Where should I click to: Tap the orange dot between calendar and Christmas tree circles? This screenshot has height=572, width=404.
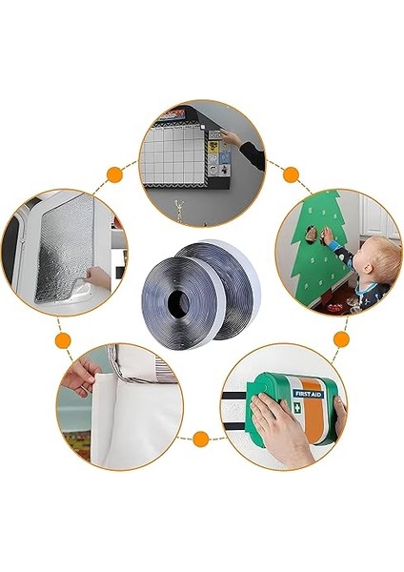[x=292, y=174]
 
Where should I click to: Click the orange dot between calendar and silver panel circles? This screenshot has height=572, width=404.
[x=114, y=174]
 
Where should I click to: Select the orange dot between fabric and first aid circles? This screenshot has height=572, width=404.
[x=201, y=439]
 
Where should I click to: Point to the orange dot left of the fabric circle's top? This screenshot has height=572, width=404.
[x=63, y=339]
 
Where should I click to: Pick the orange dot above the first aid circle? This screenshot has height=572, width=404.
[x=340, y=339]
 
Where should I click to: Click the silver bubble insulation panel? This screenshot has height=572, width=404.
[x=57, y=253]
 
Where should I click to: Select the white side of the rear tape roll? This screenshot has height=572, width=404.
[x=232, y=286]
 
